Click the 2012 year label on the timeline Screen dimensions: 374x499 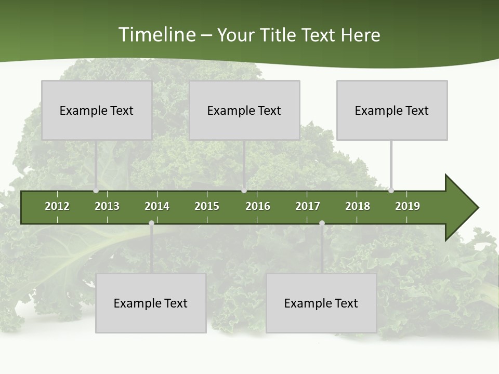(57, 206)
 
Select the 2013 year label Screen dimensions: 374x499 (107, 206)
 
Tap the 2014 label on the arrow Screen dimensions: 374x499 (157, 206)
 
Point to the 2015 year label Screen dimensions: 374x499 (207, 206)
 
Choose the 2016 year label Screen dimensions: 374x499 (258, 206)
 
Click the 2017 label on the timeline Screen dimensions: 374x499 (308, 206)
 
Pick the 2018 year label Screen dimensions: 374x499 (358, 206)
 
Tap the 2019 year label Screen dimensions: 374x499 (408, 206)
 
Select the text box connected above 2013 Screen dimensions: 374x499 (97, 110)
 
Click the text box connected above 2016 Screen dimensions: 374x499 (244, 110)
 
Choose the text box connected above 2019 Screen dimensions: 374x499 (392, 110)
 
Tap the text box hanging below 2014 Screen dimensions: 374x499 (151, 303)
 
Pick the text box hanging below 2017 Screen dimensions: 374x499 (321, 303)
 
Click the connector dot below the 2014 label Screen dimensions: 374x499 (151, 223)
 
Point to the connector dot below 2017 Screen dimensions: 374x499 (322, 223)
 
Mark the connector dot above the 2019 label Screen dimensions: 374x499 (391, 191)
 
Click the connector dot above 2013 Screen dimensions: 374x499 (96, 191)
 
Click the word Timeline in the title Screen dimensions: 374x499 (156, 35)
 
